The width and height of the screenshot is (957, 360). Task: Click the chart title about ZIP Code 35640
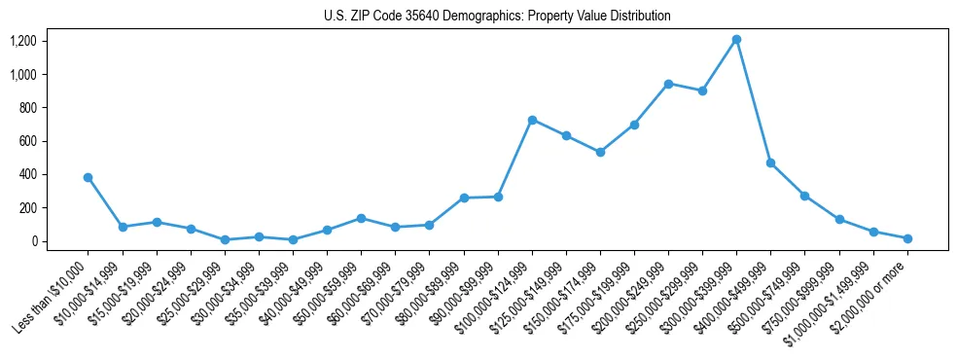pos(497,17)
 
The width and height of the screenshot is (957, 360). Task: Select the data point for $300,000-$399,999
pos(736,39)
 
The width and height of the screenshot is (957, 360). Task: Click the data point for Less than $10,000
pos(89,177)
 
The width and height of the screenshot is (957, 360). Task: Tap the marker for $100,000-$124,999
pos(532,120)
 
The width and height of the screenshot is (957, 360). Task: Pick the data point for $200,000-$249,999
pos(668,84)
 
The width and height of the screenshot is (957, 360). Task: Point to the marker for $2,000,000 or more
pos(907,238)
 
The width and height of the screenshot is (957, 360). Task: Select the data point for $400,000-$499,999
pos(770,162)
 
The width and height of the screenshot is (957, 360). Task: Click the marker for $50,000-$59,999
pos(361,218)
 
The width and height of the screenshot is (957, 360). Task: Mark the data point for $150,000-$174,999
pos(600,152)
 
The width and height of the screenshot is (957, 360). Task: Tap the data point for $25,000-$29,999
pos(225,239)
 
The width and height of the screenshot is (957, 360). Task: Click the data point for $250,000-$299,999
pos(702,90)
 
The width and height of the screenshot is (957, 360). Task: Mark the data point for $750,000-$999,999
pos(839,219)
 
